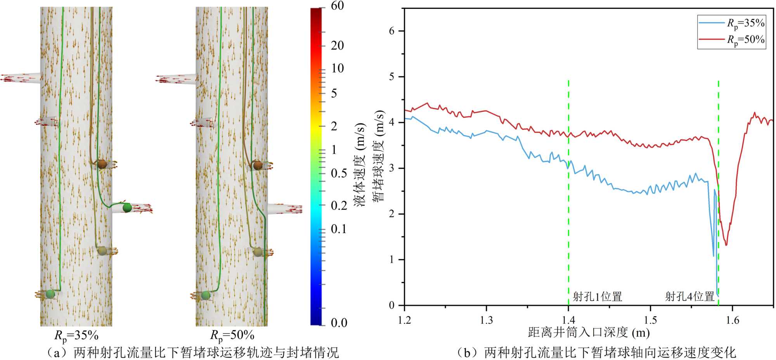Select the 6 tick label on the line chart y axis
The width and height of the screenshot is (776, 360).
[x=392, y=31]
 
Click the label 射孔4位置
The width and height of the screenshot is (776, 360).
[x=690, y=297]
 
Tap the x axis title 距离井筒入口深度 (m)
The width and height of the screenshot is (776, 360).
[x=589, y=332]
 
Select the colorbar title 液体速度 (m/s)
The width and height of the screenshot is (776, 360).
[x=360, y=164]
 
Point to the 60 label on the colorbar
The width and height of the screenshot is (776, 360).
[x=337, y=6]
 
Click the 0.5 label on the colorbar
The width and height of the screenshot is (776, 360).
[x=339, y=173]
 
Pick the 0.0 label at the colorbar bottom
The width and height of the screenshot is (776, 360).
[x=339, y=323]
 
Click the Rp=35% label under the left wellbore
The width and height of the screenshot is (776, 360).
[x=76, y=335]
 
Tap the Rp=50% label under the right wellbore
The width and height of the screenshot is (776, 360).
[x=232, y=335]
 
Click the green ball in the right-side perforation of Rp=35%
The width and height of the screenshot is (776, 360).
[x=127, y=208]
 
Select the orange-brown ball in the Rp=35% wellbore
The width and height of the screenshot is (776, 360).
[x=102, y=164]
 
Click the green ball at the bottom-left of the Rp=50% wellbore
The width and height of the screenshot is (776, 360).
[x=206, y=296]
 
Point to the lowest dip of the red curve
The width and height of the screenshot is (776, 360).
[x=726, y=245]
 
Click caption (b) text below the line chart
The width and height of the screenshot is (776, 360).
[x=596, y=352]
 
